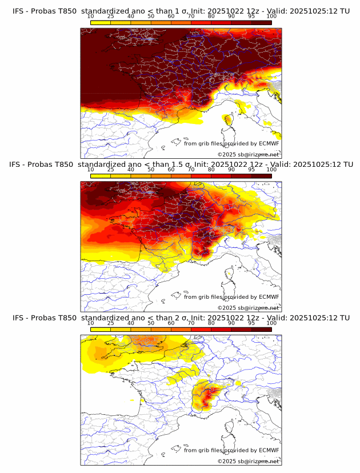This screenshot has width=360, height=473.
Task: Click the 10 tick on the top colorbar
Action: tap(91, 16)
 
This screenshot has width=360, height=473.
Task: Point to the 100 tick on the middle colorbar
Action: tap(271, 170)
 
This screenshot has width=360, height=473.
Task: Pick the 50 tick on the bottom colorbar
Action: tap(151, 323)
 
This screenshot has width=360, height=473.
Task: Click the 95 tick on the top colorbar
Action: tap(251, 16)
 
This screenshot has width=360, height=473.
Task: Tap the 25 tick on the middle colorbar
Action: tap(111, 170)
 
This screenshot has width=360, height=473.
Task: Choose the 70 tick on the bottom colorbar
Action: tap(191, 323)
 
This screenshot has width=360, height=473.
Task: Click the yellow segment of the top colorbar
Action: tap(101, 22)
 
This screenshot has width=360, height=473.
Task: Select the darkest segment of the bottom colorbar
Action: tap(261, 329)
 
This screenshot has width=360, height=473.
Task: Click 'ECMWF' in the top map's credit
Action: tap(269, 143)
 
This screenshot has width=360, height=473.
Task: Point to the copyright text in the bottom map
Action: tap(248, 461)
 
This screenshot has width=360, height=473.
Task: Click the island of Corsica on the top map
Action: tap(228, 120)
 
